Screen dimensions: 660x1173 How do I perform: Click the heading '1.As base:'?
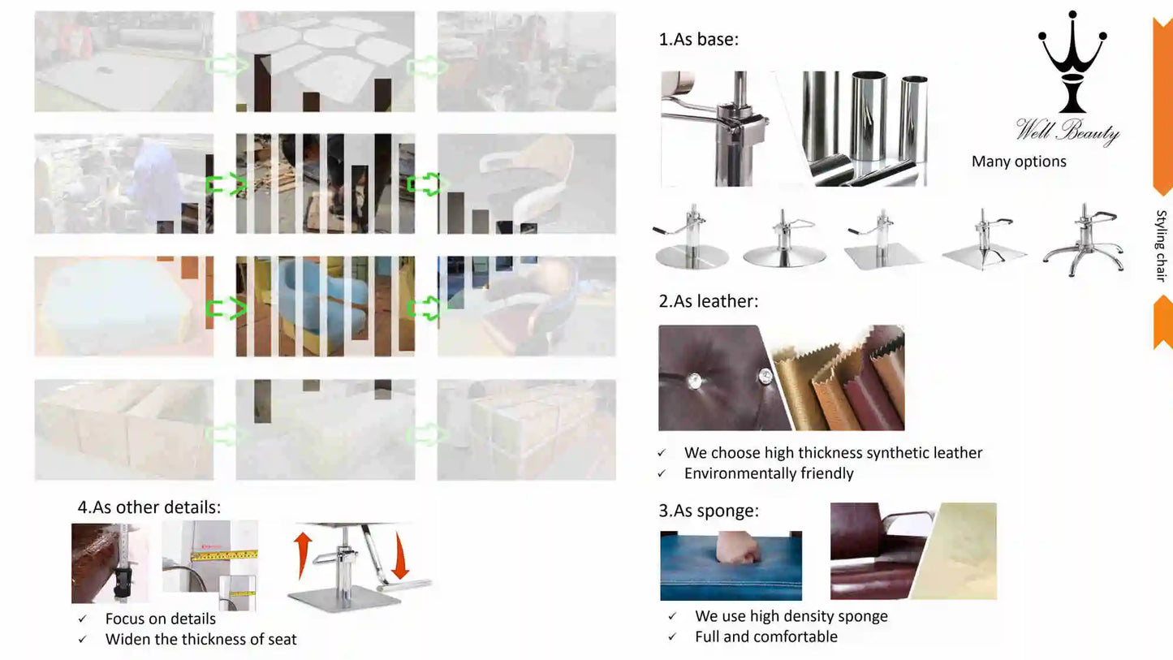click(698, 39)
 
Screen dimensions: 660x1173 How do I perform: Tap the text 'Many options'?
click(1019, 162)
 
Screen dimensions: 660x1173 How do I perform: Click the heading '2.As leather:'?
click(708, 301)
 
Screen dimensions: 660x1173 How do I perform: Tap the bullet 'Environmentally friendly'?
click(768, 473)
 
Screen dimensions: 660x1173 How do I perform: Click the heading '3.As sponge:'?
click(708, 511)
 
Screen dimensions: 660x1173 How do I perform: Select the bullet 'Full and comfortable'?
click(765, 636)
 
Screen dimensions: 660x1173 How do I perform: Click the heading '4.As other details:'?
click(149, 507)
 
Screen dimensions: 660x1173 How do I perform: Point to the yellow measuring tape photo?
click(209, 564)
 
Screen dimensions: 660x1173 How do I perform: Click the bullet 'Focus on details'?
click(160, 619)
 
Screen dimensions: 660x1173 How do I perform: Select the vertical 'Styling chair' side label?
click(1161, 245)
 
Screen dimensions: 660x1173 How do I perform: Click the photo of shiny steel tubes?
click(865, 127)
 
